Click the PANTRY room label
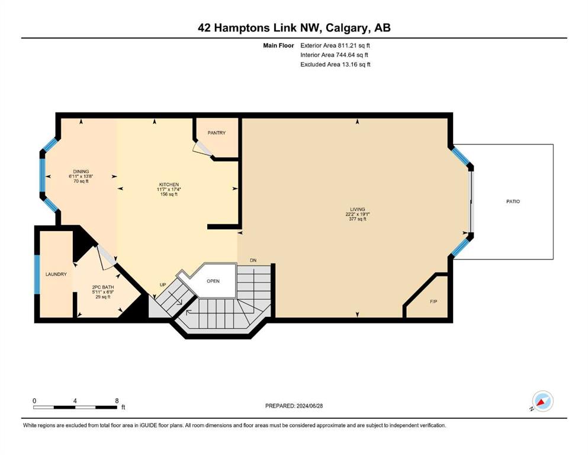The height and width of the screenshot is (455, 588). (x=217, y=133)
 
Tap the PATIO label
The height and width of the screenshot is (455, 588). (x=513, y=201)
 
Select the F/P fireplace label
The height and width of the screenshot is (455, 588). (x=433, y=301)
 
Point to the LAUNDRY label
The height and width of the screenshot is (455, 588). (x=56, y=274)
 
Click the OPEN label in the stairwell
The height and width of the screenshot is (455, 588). (x=213, y=281)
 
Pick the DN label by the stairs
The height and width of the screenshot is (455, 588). (x=253, y=260)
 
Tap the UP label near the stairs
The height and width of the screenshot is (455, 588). (x=163, y=285)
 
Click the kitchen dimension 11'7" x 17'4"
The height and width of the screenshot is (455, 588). (x=169, y=190)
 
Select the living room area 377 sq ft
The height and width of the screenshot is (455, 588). (x=358, y=219)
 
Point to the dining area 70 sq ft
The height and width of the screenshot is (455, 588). (x=81, y=181)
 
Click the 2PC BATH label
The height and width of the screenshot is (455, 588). (x=103, y=287)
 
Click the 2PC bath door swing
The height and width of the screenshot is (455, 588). (x=107, y=257)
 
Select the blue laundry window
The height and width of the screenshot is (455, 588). (x=37, y=274)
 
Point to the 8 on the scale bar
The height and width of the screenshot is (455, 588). (x=117, y=400)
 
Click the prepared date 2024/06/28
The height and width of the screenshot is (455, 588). (x=309, y=406)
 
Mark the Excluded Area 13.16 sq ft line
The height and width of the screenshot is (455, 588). (x=335, y=64)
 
